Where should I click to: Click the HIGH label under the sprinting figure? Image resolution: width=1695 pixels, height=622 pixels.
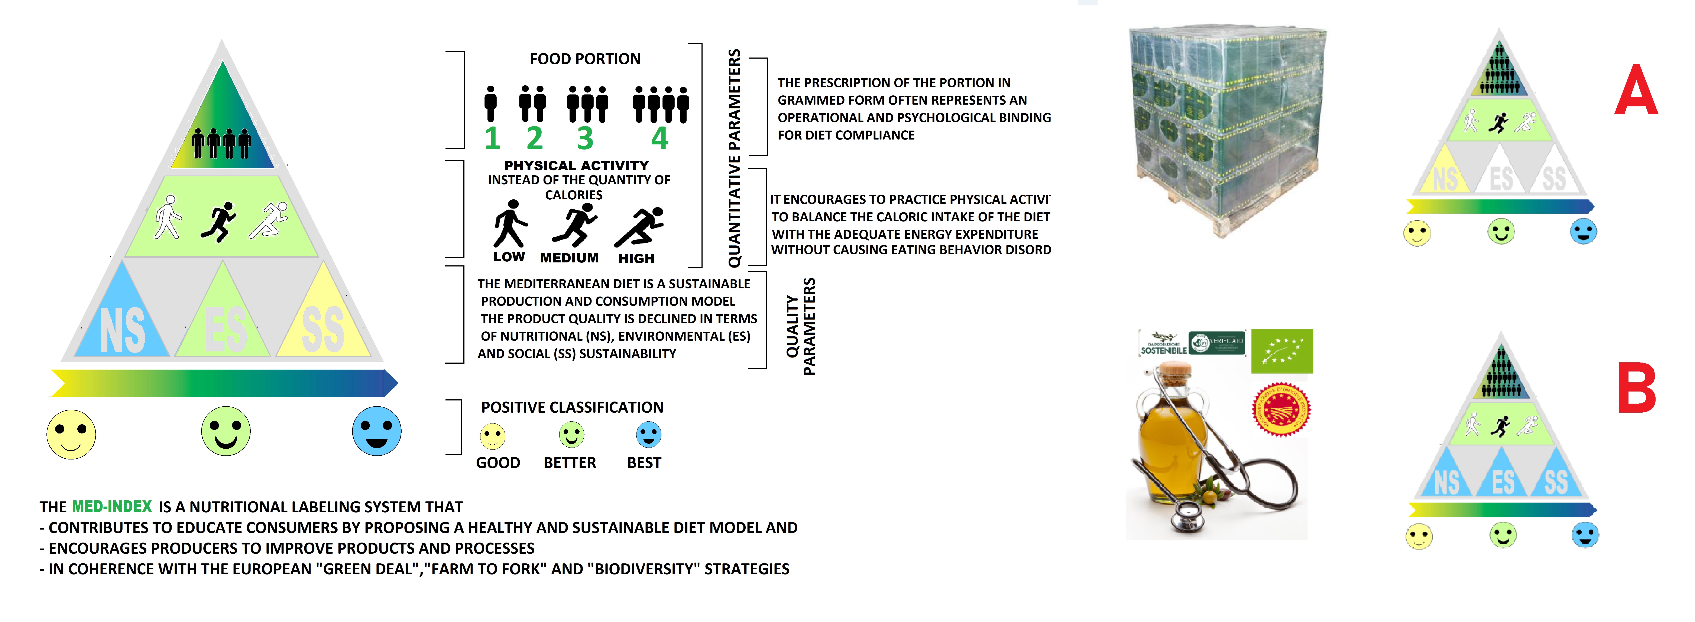636,258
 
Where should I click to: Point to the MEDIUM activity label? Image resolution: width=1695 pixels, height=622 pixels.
569,258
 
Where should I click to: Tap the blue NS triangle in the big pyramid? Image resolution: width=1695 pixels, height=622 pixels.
122,322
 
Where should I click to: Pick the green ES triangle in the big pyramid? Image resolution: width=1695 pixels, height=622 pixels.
224,322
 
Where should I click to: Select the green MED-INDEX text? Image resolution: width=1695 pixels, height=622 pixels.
112,507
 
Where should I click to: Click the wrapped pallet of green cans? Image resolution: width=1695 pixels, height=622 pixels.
1227,128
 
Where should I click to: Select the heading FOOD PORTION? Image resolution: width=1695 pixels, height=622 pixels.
585,59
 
